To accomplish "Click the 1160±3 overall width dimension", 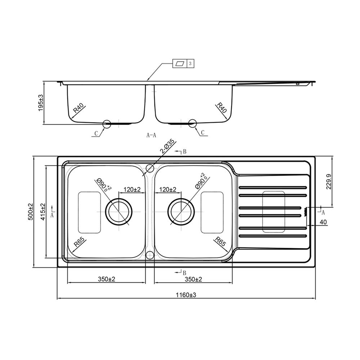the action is [186, 295].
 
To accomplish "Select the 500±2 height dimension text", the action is [31, 212].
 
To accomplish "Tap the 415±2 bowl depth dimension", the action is [43, 212].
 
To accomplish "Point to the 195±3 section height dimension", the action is [41, 103].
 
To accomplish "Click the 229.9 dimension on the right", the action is [329, 181].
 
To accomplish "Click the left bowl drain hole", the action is [119, 211].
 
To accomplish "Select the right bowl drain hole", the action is [181, 211].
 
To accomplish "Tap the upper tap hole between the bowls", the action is [150, 168].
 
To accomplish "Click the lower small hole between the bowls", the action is [150, 255].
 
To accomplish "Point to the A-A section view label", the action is [151, 135].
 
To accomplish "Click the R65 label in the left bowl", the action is [79, 242].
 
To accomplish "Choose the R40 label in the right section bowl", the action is [222, 107].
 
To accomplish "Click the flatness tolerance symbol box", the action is [180, 63].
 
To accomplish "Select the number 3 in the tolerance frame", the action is [190, 63].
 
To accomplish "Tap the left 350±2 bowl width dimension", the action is [107, 279].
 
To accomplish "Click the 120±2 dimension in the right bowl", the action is [168, 189].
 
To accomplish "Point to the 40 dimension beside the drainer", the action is [323, 222].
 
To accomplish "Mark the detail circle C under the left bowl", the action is [107, 124].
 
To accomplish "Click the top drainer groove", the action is [273, 188].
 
